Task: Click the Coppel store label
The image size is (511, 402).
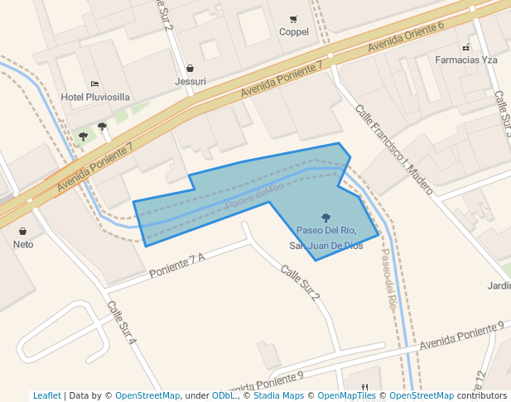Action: tap(294, 32)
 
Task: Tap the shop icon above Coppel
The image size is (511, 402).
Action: tap(293, 19)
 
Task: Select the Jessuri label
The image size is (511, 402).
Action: tap(190, 81)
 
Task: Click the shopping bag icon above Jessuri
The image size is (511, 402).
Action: tap(190, 68)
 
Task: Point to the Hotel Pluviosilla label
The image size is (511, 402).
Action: tap(95, 97)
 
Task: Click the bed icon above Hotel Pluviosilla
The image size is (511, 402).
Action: tap(95, 84)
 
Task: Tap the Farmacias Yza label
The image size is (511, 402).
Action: tap(466, 60)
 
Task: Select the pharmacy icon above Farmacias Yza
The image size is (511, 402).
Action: tap(466, 47)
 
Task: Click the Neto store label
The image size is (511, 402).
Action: tap(23, 244)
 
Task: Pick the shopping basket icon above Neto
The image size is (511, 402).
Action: tap(22, 231)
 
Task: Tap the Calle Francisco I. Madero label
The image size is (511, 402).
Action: tap(394, 149)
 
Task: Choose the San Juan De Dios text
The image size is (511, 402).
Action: tap(325, 246)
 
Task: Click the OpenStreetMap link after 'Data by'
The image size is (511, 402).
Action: tap(147, 395)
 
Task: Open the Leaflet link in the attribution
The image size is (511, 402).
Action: tap(46, 395)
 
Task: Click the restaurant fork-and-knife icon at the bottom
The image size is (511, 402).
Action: tap(364, 386)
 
